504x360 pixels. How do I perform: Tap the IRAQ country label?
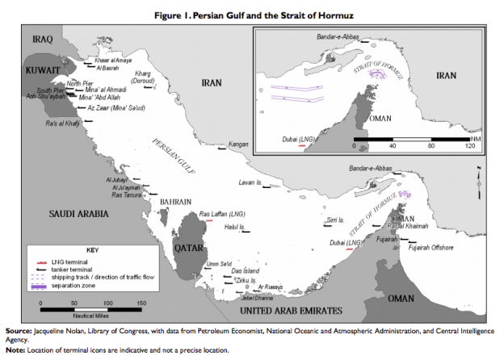click(x=40, y=39)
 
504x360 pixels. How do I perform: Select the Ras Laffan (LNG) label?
click(x=222, y=215)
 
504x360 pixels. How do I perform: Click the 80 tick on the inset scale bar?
click(x=431, y=147)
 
